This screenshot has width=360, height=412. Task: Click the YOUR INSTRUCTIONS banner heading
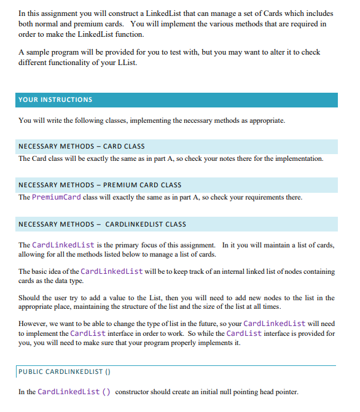coord(55,99)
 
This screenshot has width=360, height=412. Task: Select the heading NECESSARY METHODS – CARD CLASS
coord(82,146)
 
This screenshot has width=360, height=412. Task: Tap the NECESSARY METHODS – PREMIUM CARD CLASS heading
coord(100,185)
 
